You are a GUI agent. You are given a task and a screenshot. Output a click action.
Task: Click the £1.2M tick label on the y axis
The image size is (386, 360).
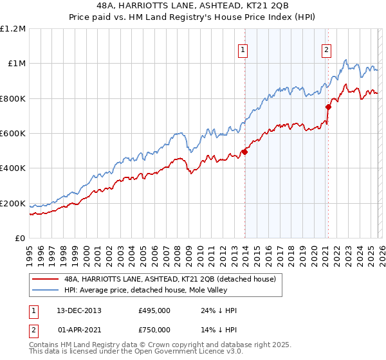[14, 28]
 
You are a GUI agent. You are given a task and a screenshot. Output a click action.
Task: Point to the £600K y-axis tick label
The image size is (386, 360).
[13, 134]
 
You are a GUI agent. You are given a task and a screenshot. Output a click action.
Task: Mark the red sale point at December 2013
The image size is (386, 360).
[244, 152]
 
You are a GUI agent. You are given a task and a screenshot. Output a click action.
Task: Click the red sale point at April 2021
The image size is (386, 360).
[328, 107]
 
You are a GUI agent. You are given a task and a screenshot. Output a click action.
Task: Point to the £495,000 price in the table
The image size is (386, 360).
[154, 310]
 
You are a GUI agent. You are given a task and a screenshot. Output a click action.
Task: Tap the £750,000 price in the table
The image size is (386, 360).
[154, 328]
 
